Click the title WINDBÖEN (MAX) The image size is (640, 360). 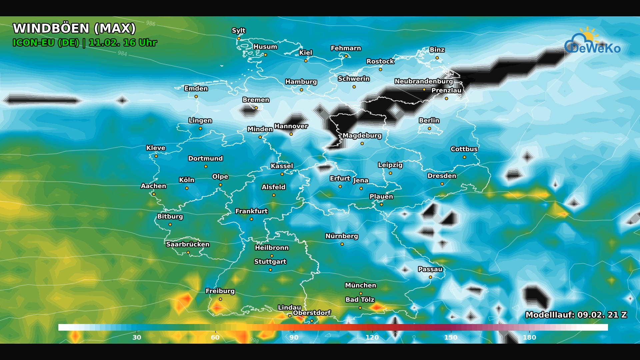tap(74, 28)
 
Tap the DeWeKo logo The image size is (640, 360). tap(592, 43)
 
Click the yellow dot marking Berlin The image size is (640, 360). tap(429, 129)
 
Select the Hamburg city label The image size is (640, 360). tap(301, 82)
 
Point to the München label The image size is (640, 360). tap(360, 285)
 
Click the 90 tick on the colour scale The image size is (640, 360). tap(294, 337)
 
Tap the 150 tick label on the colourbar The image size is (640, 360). tap(451, 337)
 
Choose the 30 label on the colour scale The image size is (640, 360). tap(137, 337)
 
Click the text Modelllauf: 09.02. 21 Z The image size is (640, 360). tap(576, 315)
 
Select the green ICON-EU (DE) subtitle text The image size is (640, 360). tap(46, 43)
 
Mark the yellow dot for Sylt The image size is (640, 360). tap(239, 39)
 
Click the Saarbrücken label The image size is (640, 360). tap(188, 244)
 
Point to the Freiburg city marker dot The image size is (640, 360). tap(220, 299)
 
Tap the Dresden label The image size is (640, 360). tap(442, 176)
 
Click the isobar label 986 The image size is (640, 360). tap(151, 23)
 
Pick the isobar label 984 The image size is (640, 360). tap(122, 53)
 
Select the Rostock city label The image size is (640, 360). tap(380, 61)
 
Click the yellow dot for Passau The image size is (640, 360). tap(430, 277)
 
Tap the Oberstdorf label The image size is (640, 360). tap(312, 313)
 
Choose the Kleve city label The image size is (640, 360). tap(156, 148)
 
